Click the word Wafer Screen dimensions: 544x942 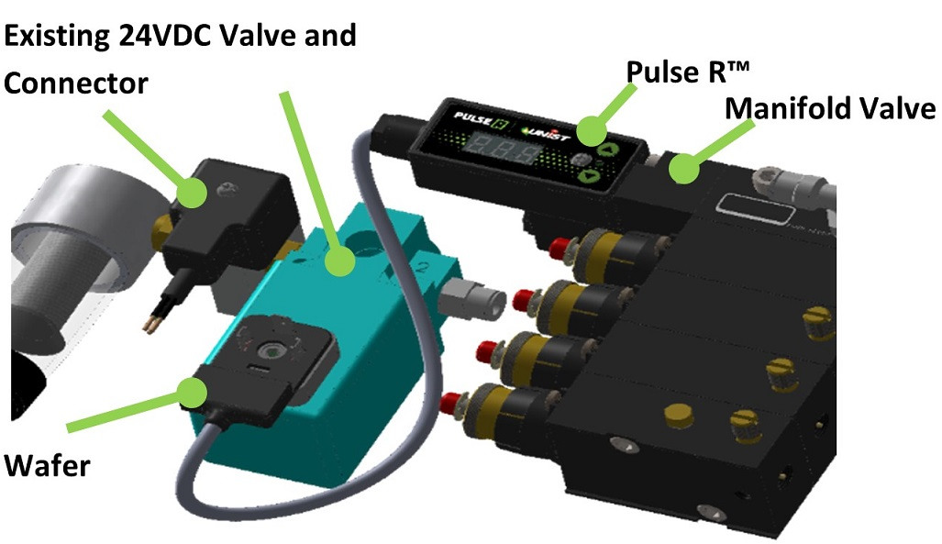[x=47, y=465]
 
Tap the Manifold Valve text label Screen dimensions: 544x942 [x=830, y=109]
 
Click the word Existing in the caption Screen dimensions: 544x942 [x=58, y=36]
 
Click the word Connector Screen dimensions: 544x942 [x=76, y=83]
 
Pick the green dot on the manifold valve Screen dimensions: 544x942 [x=681, y=170]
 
